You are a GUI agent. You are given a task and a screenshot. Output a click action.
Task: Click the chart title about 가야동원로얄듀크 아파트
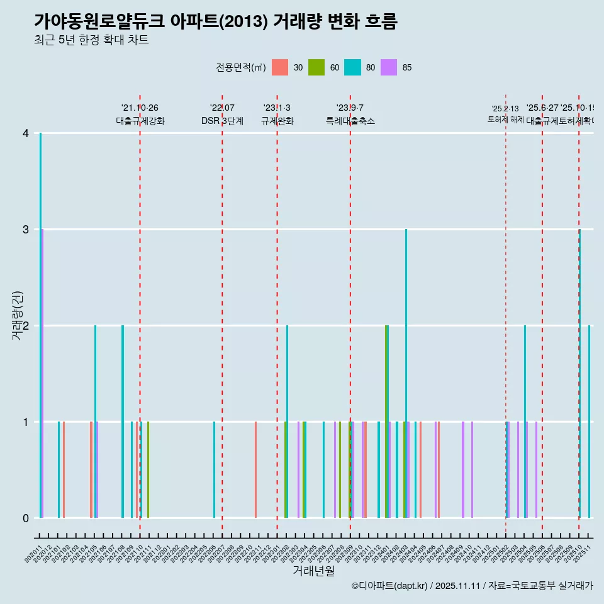click(215, 21)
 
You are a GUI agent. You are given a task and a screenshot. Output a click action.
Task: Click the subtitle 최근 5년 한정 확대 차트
click(91, 40)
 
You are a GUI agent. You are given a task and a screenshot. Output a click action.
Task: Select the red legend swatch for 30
click(279, 67)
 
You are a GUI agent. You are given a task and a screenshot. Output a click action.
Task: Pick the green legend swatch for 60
click(316, 67)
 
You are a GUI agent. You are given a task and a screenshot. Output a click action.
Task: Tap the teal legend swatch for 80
click(352, 67)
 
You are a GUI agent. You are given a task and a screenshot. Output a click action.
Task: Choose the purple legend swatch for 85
click(389, 67)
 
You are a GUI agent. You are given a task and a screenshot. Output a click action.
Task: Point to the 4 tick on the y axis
click(26, 133)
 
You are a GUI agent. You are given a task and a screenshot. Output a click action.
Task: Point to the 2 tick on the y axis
click(26, 325)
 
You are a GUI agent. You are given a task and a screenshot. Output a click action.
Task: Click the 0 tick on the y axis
click(26, 518)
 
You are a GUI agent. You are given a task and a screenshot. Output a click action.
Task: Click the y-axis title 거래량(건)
click(17, 315)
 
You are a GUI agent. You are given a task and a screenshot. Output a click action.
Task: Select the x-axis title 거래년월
click(313, 571)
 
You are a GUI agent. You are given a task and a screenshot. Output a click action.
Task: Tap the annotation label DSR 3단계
click(222, 121)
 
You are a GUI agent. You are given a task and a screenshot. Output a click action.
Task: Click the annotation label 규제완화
click(277, 121)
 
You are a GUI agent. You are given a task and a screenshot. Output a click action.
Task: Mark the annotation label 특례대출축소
click(350, 121)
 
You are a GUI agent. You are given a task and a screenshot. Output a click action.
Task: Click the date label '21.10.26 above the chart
click(140, 108)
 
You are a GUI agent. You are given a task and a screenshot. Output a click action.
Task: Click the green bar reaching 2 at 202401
click(386, 422)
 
